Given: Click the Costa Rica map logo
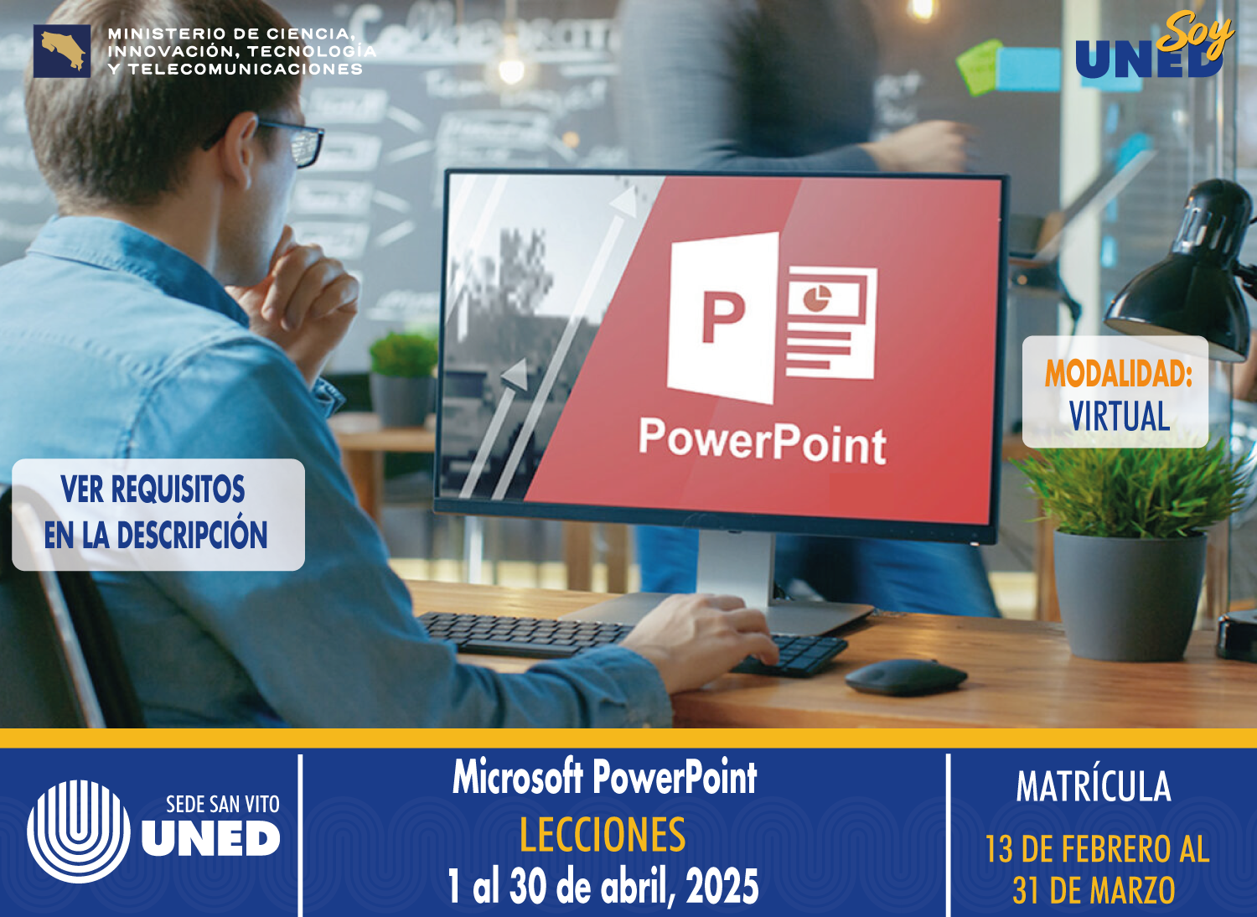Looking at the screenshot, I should click(x=62, y=51).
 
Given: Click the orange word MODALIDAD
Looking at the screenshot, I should click(x=1117, y=374).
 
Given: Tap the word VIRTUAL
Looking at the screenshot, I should click(x=1119, y=417).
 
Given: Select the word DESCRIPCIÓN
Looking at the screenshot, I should click(x=192, y=535).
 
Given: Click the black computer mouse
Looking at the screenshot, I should click(x=905, y=676).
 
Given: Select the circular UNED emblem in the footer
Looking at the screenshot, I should click(x=78, y=831).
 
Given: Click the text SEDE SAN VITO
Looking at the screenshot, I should click(x=222, y=805).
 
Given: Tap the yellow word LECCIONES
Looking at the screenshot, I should click(x=602, y=835).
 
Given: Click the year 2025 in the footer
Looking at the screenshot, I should click(x=722, y=887).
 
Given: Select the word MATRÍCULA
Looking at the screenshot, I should click(x=1094, y=786).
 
